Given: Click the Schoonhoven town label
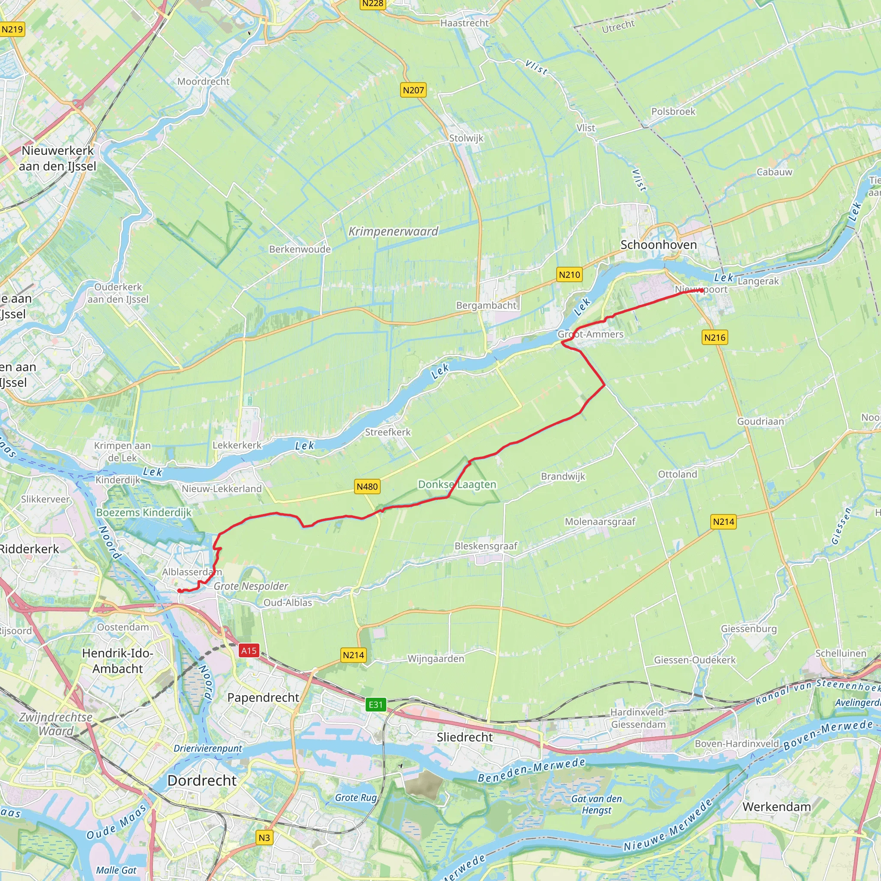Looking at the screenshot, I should tap(659, 245).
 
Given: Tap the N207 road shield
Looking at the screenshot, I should tap(413, 90).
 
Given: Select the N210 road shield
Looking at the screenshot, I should tap(569, 274).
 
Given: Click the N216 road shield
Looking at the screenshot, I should tap(714, 337).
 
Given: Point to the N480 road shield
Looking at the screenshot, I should tap(367, 487).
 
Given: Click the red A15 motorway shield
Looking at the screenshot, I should tap(249, 650).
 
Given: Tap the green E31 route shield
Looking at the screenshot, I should tap(376, 705).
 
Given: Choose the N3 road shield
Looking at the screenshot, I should tap(264, 838).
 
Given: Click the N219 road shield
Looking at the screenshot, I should tap(12, 30).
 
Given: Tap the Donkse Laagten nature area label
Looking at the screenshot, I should tap(457, 484).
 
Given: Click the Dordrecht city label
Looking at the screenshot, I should tap(202, 780).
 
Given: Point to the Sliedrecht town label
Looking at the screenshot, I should tap(464, 737).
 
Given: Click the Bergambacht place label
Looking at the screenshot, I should tap(486, 305).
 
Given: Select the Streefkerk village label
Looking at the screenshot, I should tap(388, 432).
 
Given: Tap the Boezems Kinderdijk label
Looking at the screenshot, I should tap(144, 512).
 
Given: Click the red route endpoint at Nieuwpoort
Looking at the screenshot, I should tap(701, 290).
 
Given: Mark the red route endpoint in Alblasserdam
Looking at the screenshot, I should tap(180, 591).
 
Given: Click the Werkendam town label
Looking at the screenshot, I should tap(776, 807).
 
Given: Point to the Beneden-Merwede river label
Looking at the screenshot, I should tap(531, 770).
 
